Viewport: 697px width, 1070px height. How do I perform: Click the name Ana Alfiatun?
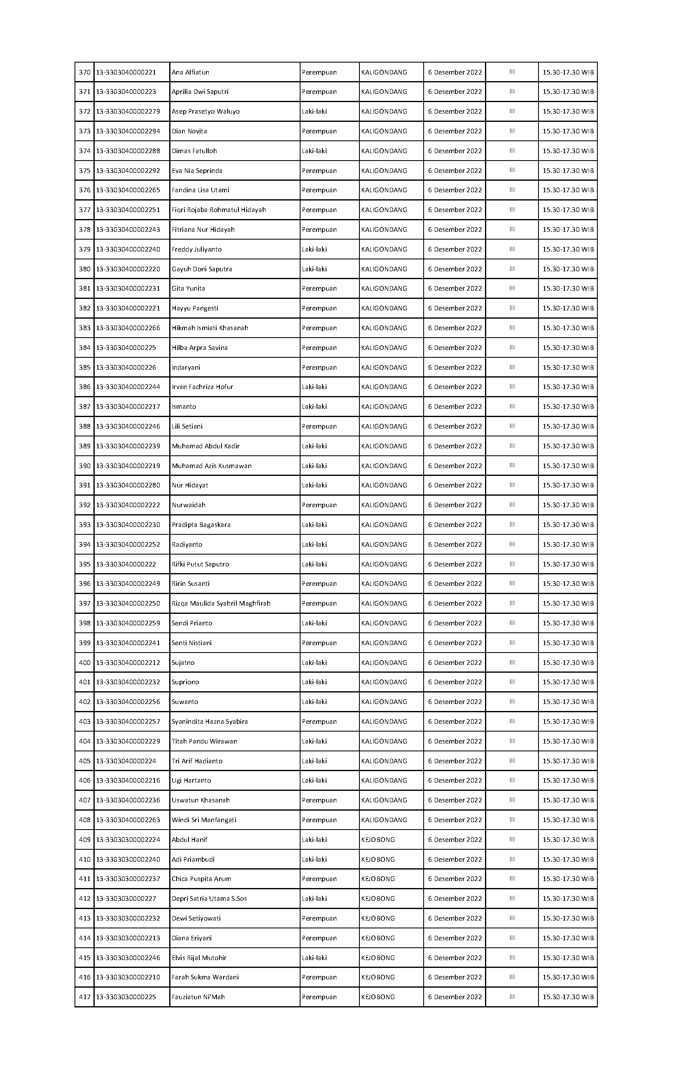(x=190, y=72)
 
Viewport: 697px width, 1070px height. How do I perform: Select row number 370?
(x=84, y=72)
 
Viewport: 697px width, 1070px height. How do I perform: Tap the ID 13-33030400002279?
(x=128, y=112)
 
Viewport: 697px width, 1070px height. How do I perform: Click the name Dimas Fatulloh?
(x=194, y=151)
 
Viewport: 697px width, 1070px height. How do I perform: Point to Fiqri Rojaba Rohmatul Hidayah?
(x=219, y=210)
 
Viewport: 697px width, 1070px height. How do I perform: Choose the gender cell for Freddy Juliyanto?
(x=314, y=249)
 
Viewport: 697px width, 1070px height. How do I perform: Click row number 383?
(x=84, y=328)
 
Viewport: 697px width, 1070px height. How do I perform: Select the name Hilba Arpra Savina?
(x=200, y=348)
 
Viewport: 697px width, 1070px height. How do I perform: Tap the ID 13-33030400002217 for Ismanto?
(x=128, y=407)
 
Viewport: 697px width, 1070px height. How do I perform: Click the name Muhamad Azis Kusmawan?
(x=211, y=466)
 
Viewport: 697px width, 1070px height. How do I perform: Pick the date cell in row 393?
(x=455, y=525)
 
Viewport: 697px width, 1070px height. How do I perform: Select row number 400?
(x=84, y=663)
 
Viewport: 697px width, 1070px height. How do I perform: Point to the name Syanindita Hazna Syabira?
(x=210, y=722)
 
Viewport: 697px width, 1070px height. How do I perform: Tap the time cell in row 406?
(x=568, y=781)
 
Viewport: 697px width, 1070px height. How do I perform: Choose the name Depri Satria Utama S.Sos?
(x=209, y=899)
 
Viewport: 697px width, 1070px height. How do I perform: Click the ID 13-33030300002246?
(x=128, y=958)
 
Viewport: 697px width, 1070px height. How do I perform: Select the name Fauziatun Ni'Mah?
(x=198, y=997)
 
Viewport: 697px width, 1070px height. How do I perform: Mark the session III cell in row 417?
(x=512, y=997)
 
